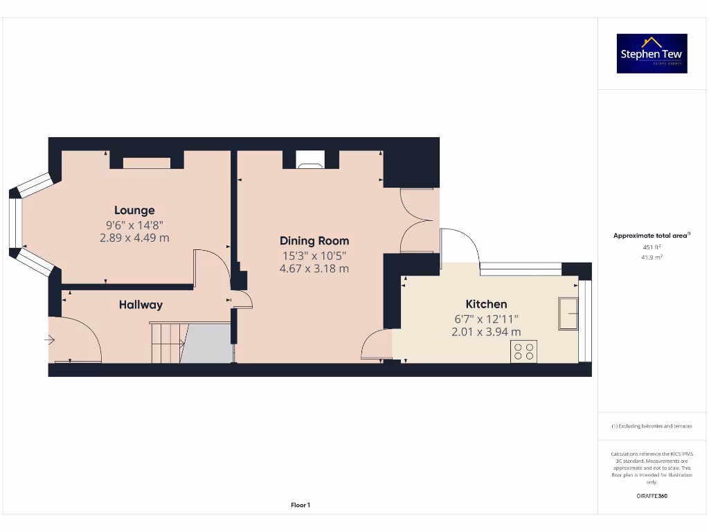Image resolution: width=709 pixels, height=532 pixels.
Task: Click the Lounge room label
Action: pos(134,210)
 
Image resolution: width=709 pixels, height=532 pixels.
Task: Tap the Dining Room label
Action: pos(314,241)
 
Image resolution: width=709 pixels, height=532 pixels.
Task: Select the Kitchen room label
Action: pos(486,304)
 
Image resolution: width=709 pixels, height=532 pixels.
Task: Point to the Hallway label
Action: pos(141,305)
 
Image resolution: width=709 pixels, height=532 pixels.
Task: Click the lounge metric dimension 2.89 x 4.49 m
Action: pos(134,238)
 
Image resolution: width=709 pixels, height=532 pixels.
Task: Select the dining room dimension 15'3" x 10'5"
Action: pos(314,256)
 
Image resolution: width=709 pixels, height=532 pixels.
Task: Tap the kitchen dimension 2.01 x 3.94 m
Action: pos(486,332)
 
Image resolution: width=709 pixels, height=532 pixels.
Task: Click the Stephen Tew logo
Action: pos(652,53)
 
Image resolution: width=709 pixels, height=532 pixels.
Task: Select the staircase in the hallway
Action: pos(167,342)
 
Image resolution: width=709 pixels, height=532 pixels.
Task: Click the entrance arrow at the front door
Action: pos(50,339)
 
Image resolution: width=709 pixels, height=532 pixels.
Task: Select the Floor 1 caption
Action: pos(300,506)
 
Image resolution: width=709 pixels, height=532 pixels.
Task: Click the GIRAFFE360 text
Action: pos(652,496)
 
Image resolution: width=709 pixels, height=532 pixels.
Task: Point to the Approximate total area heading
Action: pos(651,236)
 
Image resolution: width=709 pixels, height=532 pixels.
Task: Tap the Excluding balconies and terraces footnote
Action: pos(652,427)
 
